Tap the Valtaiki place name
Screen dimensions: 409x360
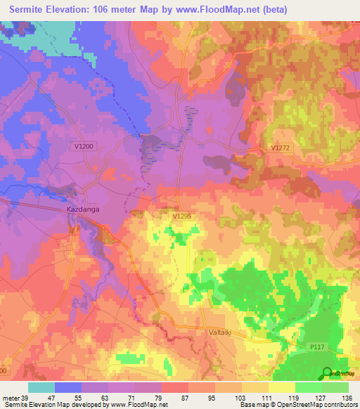click(x=224, y=331)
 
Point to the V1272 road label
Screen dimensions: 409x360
click(x=281, y=148)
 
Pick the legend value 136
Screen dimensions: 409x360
click(x=347, y=398)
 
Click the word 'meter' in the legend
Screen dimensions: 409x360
click(x=10, y=398)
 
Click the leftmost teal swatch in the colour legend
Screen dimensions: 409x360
click(x=41, y=387)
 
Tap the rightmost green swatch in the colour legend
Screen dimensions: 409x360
click(x=335, y=387)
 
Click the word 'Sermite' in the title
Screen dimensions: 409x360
click(x=30, y=10)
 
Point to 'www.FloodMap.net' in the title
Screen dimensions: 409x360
click(x=219, y=10)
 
